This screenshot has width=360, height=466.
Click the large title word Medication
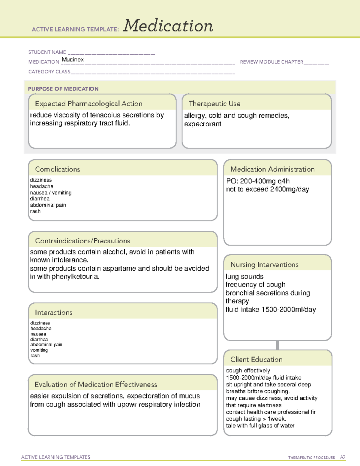click(168, 26)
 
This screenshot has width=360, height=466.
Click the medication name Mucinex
click(73, 60)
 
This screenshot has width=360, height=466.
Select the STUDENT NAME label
click(47, 52)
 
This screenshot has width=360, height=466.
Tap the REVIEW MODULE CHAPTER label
click(271, 62)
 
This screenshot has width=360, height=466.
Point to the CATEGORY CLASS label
click(49, 72)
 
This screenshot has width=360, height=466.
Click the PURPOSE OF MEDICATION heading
click(63, 89)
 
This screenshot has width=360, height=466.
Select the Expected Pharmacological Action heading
click(88, 104)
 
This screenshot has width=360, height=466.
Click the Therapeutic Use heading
click(214, 104)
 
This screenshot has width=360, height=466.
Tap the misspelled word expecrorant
click(202, 124)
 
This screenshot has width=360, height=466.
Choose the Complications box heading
click(57, 169)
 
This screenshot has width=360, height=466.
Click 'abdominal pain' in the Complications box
click(48, 205)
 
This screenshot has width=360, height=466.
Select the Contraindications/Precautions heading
click(82, 241)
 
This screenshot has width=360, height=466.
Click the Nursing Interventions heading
click(264, 265)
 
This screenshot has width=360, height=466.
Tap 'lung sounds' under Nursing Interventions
click(244, 276)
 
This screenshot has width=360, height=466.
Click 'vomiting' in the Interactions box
click(39, 350)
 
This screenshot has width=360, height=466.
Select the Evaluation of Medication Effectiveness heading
click(96, 385)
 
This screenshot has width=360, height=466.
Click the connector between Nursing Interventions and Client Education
click(277, 345)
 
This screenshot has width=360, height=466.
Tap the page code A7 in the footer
click(343, 457)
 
